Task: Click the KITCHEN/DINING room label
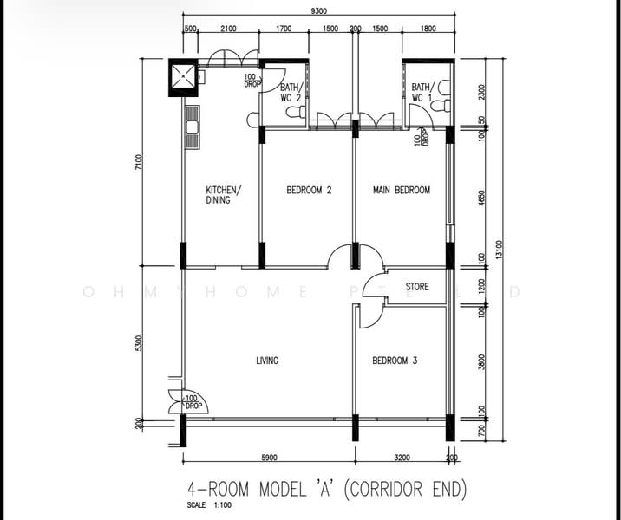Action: pyautogui.click(x=224, y=195)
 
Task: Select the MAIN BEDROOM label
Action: pyautogui.click(x=402, y=191)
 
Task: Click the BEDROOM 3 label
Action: pyautogui.click(x=395, y=361)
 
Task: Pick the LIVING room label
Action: pyautogui.click(x=267, y=361)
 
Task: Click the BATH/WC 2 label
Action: pyautogui.click(x=291, y=93)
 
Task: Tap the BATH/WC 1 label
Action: pyautogui.click(x=422, y=93)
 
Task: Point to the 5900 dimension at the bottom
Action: pyautogui.click(x=268, y=458)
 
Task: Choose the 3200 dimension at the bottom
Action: pyautogui.click(x=402, y=458)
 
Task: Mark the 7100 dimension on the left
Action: pyautogui.click(x=139, y=163)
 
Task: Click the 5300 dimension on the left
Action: pyautogui.click(x=139, y=343)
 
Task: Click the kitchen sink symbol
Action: pyautogui.click(x=192, y=127)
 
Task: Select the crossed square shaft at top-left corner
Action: pyautogui.click(x=183, y=77)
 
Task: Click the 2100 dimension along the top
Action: pyautogui.click(x=228, y=29)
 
